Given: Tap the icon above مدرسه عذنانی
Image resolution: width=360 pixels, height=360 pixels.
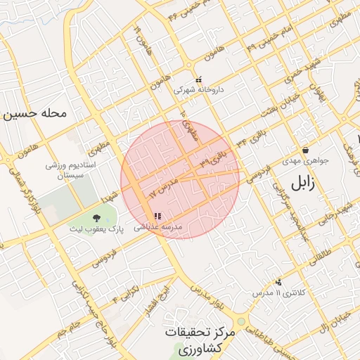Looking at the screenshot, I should (x=157, y=216).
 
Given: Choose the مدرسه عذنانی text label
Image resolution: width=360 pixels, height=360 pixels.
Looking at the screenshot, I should (x=162, y=226).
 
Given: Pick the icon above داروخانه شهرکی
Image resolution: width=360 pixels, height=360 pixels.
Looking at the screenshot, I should (x=198, y=79).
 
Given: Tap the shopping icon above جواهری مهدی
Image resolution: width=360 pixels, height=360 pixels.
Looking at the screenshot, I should (x=306, y=150).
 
